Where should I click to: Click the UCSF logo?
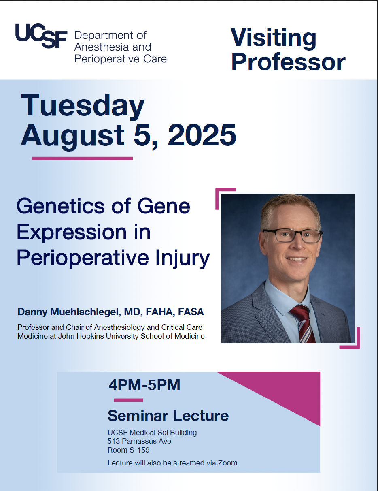[x=40, y=36]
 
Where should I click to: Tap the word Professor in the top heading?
[x=288, y=62]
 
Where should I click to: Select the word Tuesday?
[x=83, y=105]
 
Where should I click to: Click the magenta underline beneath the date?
[x=83, y=158]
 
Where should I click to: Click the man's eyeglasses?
[x=292, y=235]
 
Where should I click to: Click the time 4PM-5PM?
[x=144, y=385]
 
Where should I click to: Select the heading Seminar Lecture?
[x=168, y=416]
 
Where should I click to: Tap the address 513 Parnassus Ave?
[x=139, y=441]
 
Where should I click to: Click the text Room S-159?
[x=128, y=450]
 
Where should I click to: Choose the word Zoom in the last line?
[x=229, y=463]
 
